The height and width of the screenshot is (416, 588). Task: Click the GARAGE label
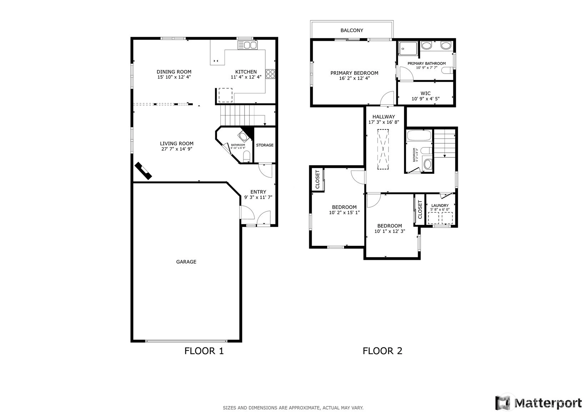pos(186,262)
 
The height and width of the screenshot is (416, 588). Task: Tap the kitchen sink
pos(247,45)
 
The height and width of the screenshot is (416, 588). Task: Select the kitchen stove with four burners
pos(270,74)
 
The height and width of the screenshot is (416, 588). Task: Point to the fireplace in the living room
pos(143,171)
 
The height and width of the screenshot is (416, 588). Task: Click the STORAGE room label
pos(265,145)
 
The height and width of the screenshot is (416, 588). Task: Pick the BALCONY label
pos(352,30)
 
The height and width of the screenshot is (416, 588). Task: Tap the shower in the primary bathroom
pos(408,48)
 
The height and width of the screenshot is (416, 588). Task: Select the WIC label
pos(426,93)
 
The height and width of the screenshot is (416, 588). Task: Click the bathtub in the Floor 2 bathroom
pos(419,135)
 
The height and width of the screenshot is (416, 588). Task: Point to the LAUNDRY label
pos(440,205)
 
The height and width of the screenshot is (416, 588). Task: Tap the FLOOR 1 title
pos(204,351)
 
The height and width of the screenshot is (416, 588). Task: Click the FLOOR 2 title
pos(382,351)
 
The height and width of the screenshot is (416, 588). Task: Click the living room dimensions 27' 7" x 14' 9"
pos(177,149)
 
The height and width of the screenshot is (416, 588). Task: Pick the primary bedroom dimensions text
pos(355,78)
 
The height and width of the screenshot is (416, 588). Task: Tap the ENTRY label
pos(258,192)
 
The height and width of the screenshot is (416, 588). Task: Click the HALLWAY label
pos(383,117)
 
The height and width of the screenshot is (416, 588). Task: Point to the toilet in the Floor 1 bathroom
pos(246,157)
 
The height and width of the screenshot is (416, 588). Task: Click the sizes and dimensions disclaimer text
pos(293,408)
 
